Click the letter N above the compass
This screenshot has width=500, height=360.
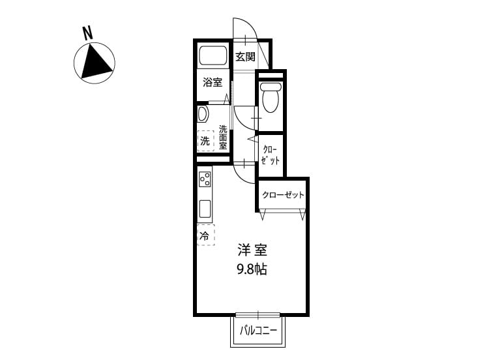point(88,33)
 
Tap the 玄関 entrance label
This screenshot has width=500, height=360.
point(245,57)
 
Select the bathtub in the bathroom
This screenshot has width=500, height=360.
point(213,55)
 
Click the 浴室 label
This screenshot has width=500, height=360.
point(213,82)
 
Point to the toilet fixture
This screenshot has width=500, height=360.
point(271,97)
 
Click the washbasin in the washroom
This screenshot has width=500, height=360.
point(203,114)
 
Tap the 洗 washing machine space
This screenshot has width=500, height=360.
point(205,140)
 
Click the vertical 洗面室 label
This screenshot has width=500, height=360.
point(223,137)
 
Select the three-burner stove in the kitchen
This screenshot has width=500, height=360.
point(205,179)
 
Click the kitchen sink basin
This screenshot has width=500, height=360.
point(205,209)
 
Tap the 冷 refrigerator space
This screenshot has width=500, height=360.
point(206,235)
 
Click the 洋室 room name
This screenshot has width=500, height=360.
point(252,250)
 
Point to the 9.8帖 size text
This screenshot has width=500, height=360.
point(252,270)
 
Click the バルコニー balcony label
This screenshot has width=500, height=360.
point(258,331)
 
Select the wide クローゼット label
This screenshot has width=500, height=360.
point(283,195)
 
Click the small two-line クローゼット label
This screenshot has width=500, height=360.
point(271,155)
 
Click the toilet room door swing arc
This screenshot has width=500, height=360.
point(244,118)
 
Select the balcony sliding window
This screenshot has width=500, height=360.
point(257,315)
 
